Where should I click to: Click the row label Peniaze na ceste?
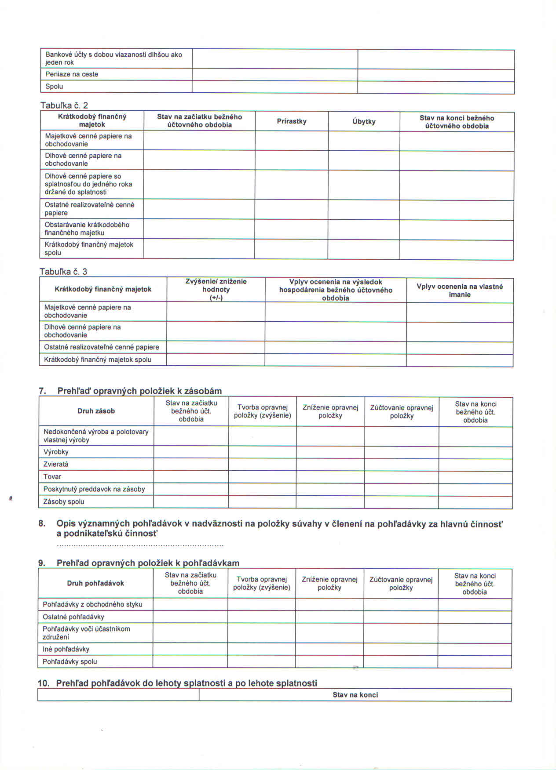[x=72, y=74]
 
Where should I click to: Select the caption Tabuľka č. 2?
[x=64, y=105]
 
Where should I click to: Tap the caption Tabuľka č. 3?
[x=63, y=272]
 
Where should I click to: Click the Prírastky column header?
[x=292, y=121]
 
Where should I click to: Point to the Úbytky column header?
[x=364, y=122]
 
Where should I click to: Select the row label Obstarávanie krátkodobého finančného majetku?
[x=87, y=229]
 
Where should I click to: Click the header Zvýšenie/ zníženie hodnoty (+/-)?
[x=216, y=290]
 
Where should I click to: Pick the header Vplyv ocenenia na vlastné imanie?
[x=460, y=291]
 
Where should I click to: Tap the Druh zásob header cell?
[x=96, y=411]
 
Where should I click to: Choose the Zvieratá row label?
[x=56, y=464]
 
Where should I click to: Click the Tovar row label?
[x=52, y=476]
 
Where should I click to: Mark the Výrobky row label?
[x=56, y=452]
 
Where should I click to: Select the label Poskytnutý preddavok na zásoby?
[x=94, y=489]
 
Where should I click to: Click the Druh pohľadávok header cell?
[x=95, y=583]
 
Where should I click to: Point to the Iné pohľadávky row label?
[x=66, y=649]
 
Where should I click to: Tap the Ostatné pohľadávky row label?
[x=73, y=617]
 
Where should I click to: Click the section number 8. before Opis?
[x=42, y=523]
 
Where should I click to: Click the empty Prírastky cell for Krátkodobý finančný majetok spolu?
[x=291, y=249]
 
